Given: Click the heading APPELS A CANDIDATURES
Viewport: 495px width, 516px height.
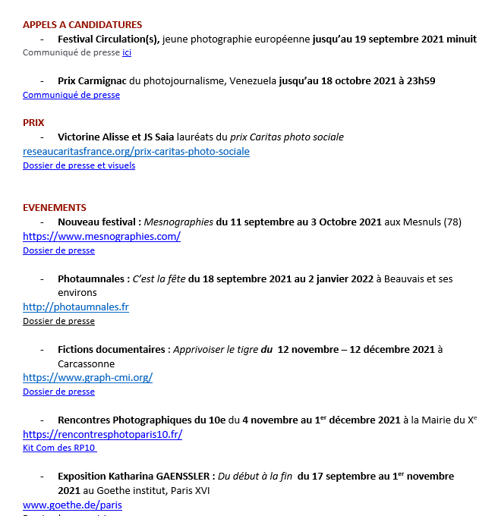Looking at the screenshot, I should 82,25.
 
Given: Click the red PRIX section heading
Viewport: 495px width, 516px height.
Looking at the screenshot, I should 33,122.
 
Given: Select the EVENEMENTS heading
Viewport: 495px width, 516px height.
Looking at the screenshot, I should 55,207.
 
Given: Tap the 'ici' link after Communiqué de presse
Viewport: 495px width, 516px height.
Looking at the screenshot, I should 127,52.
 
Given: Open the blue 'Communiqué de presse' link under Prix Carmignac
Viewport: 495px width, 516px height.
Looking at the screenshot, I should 71,95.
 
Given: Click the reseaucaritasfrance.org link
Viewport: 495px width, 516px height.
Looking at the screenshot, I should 136,151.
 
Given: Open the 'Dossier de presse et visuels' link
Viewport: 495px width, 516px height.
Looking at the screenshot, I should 79,165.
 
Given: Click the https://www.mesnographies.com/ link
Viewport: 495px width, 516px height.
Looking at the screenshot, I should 102,236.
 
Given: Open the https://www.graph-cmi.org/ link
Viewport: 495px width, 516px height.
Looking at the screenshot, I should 87,377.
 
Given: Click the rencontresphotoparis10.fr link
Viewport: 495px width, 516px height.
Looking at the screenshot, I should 102,434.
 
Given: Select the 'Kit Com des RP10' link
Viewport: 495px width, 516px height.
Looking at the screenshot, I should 59,448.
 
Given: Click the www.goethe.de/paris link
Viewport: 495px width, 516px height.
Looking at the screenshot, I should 72,505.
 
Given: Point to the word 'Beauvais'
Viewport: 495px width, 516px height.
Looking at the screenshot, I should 400,278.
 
